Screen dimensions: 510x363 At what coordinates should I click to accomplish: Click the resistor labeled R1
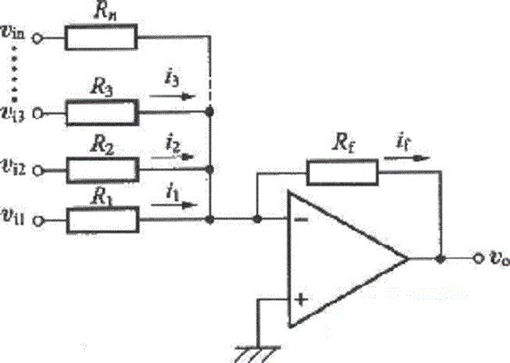[102, 220]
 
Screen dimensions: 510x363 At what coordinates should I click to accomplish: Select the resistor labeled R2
[102, 170]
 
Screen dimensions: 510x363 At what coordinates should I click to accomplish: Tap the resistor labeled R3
[102, 113]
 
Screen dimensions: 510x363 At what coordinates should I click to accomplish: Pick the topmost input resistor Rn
[101, 37]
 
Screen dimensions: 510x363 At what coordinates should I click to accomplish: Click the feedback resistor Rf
[342, 172]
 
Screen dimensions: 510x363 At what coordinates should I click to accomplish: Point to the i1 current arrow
[174, 205]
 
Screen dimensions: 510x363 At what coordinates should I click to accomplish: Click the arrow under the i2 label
[173, 157]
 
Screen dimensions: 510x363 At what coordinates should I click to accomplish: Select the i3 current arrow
[172, 96]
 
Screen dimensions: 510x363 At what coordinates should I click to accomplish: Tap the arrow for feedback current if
[408, 159]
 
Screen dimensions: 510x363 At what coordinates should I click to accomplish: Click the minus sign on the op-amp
[301, 220]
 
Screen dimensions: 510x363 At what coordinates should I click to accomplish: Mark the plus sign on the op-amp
[301, 299]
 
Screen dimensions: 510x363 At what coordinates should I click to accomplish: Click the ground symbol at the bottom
[257, 354]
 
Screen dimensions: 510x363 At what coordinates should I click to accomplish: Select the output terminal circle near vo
[477, 259]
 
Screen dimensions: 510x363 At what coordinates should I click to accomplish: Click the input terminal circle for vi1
[38, 221]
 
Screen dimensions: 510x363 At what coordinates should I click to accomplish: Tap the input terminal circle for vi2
[38, 171]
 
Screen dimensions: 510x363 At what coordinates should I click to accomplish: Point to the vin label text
[13, 34]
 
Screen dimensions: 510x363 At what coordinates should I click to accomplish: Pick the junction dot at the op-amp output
[440, 259]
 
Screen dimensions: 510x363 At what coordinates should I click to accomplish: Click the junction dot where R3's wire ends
[210, 112]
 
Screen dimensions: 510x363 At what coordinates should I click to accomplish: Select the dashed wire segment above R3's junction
[210, 72]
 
